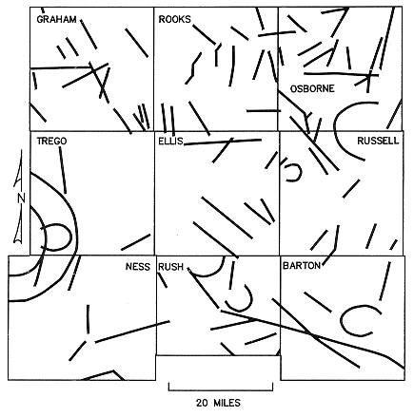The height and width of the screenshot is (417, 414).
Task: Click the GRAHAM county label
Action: click(56, 19)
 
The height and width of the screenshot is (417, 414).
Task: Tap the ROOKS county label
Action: click(175, 19)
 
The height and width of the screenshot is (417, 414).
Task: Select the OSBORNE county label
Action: click(312, 88)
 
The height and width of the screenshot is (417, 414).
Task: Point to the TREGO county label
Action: click(51, 141)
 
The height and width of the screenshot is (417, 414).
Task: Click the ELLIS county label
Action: click(170, 141)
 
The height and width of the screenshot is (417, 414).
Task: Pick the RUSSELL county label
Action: click(378, 141)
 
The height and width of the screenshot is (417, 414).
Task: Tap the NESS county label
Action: click(138, 267)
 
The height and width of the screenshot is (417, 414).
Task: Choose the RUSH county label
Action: click(170, 267)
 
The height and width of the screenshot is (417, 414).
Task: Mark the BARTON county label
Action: click(302, 265)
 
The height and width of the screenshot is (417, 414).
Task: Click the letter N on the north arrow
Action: click(21, 198)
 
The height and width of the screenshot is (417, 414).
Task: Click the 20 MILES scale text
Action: click(218, 403)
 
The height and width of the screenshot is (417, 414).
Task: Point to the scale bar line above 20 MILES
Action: click(221, 390)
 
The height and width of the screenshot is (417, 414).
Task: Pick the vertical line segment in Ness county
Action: click(88, 318)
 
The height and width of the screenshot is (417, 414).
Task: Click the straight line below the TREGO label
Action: click(63, 170)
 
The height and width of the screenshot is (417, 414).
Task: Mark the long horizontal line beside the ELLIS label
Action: click(223, 142)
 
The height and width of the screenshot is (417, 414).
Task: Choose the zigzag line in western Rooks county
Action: click(192, 68)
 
